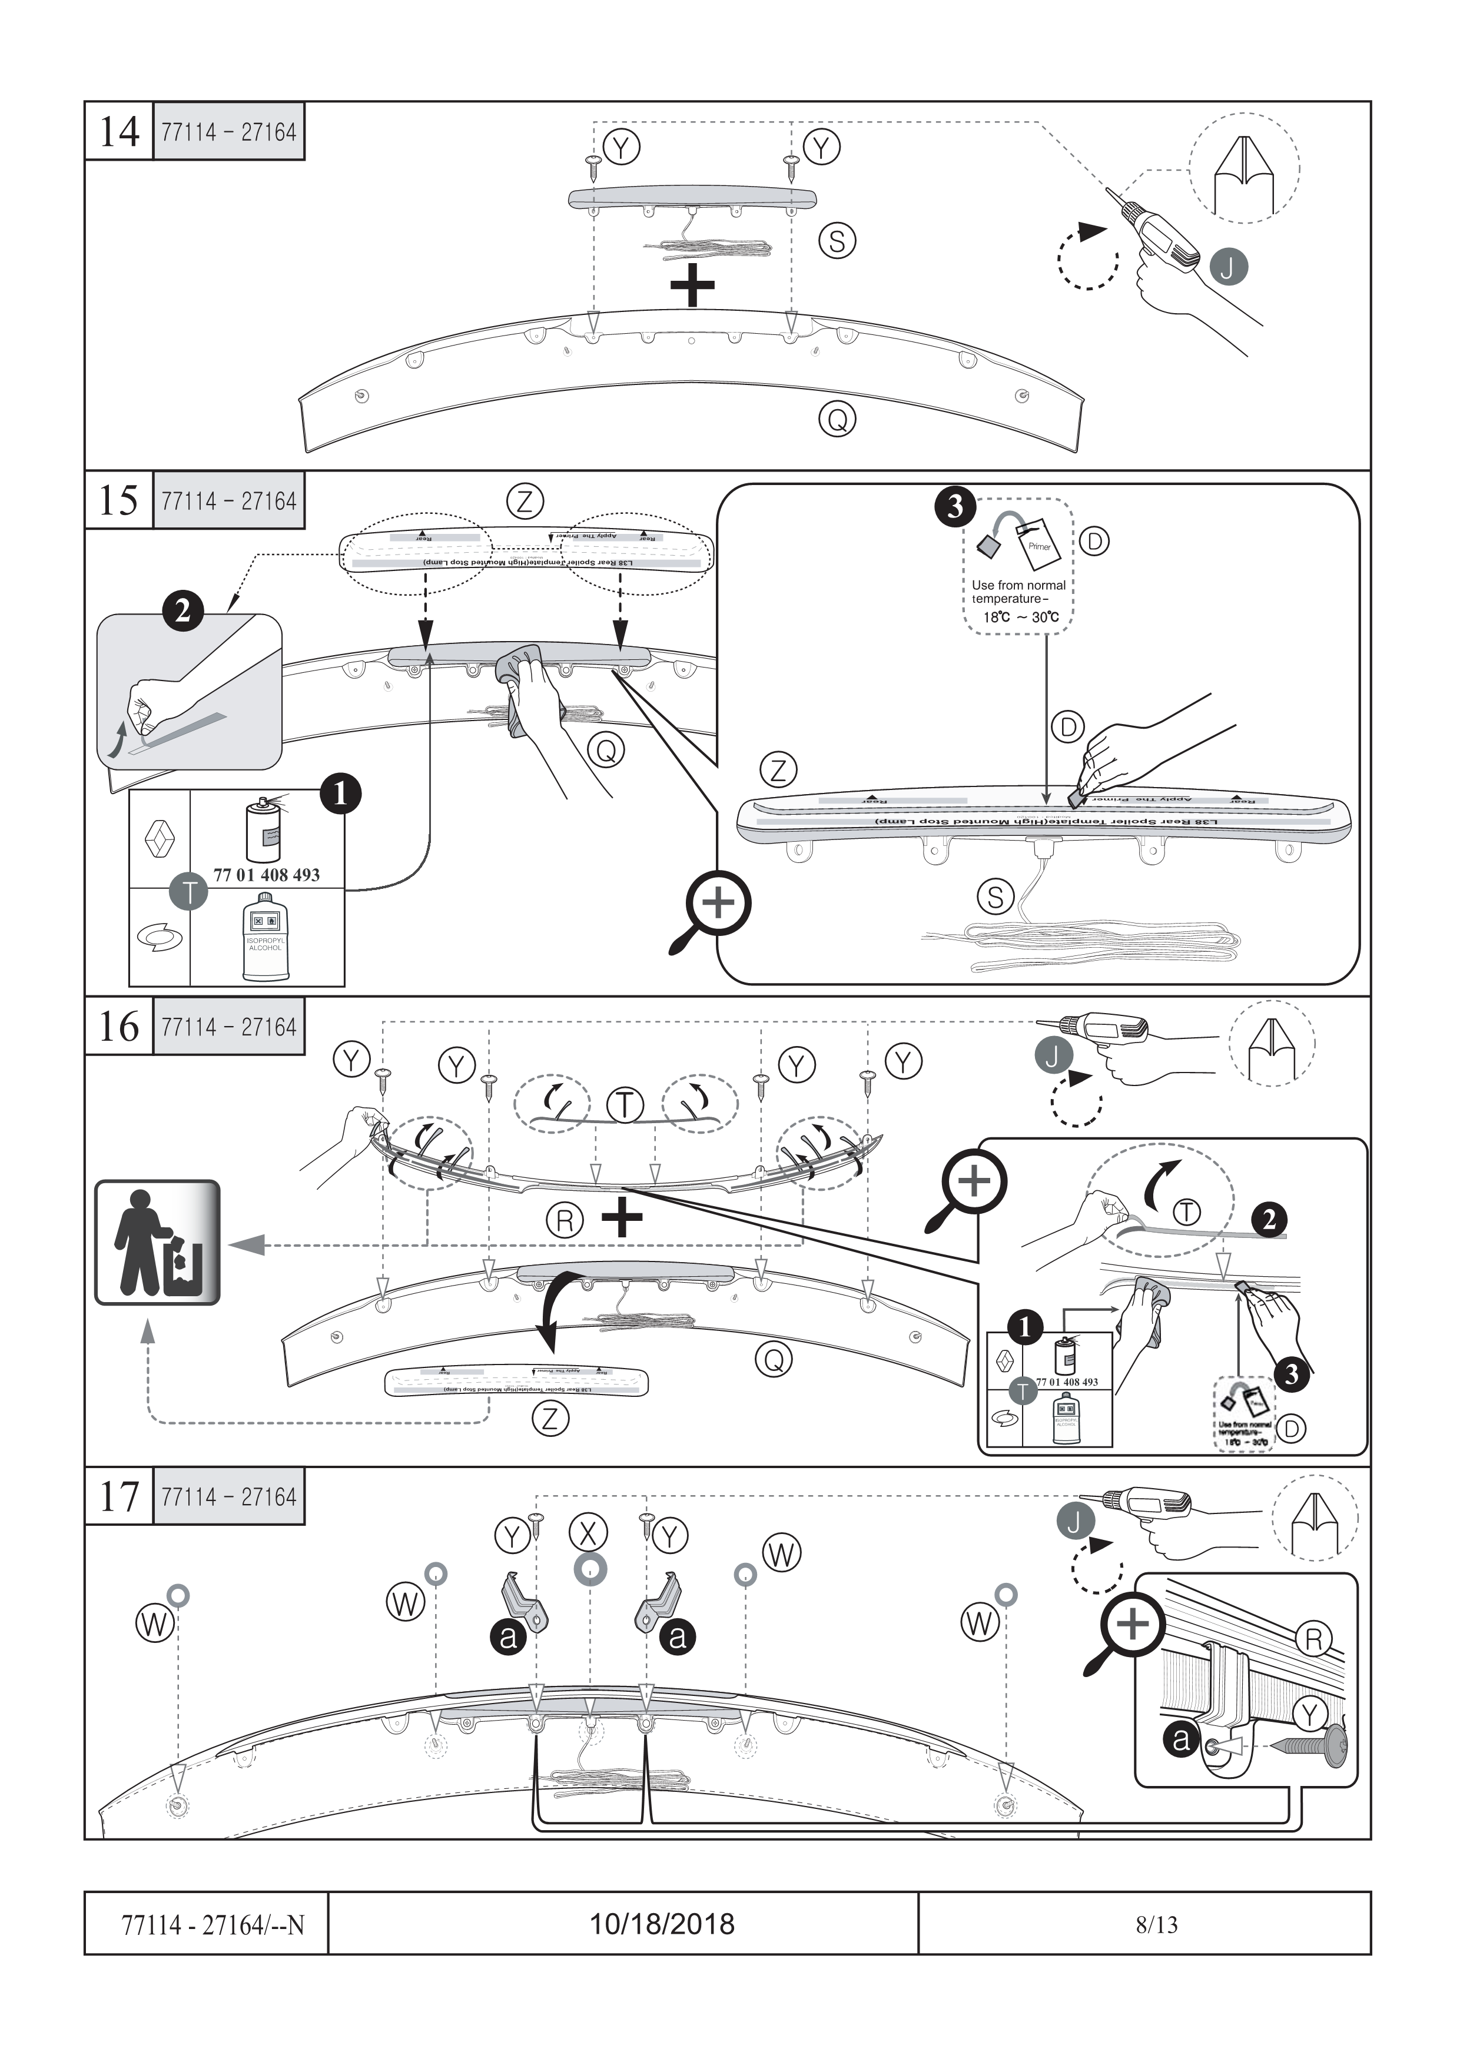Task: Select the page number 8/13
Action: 1156,1925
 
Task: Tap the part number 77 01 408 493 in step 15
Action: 266,874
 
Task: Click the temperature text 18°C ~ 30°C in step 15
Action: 1020,617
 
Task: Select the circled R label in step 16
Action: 565,1220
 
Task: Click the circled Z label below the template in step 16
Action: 550,1418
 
